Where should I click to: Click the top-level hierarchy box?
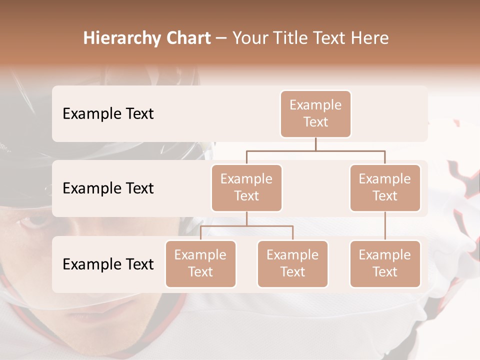click(x=315, y=113)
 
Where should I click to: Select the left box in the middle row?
click(x=246, y=187)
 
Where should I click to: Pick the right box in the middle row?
click(x=385, y=187)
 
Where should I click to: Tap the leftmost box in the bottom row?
click(x=200, y=263)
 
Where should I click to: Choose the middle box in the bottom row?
click(x=292, y=263)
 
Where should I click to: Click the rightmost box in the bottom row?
click(x=385, y=263)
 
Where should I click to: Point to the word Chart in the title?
click(x=186, y=38)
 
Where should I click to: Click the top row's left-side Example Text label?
click(x=108, y=113)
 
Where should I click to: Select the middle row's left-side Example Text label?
click(x=108, y=188)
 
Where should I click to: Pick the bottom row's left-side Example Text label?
click(x=108, y=264)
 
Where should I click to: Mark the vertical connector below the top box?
click(x=315, y=144)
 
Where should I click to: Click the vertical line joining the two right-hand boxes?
click(x=385, y=226)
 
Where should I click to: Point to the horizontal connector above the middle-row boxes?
click(x=315, y=150)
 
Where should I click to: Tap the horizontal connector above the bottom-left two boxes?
click(x=246, y=226)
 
